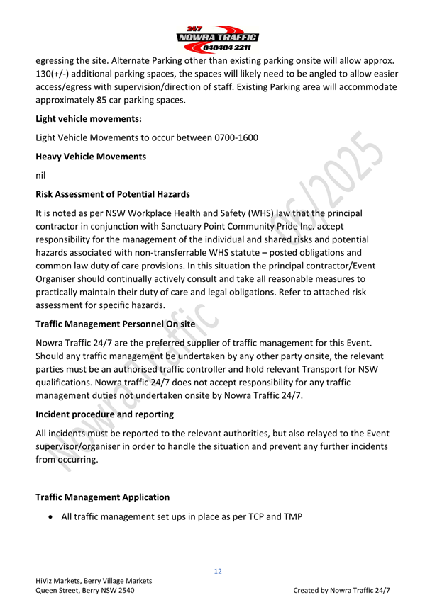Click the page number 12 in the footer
pos(219,570)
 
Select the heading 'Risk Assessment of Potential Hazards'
pos(112,193)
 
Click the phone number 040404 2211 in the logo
pos(225,47)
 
